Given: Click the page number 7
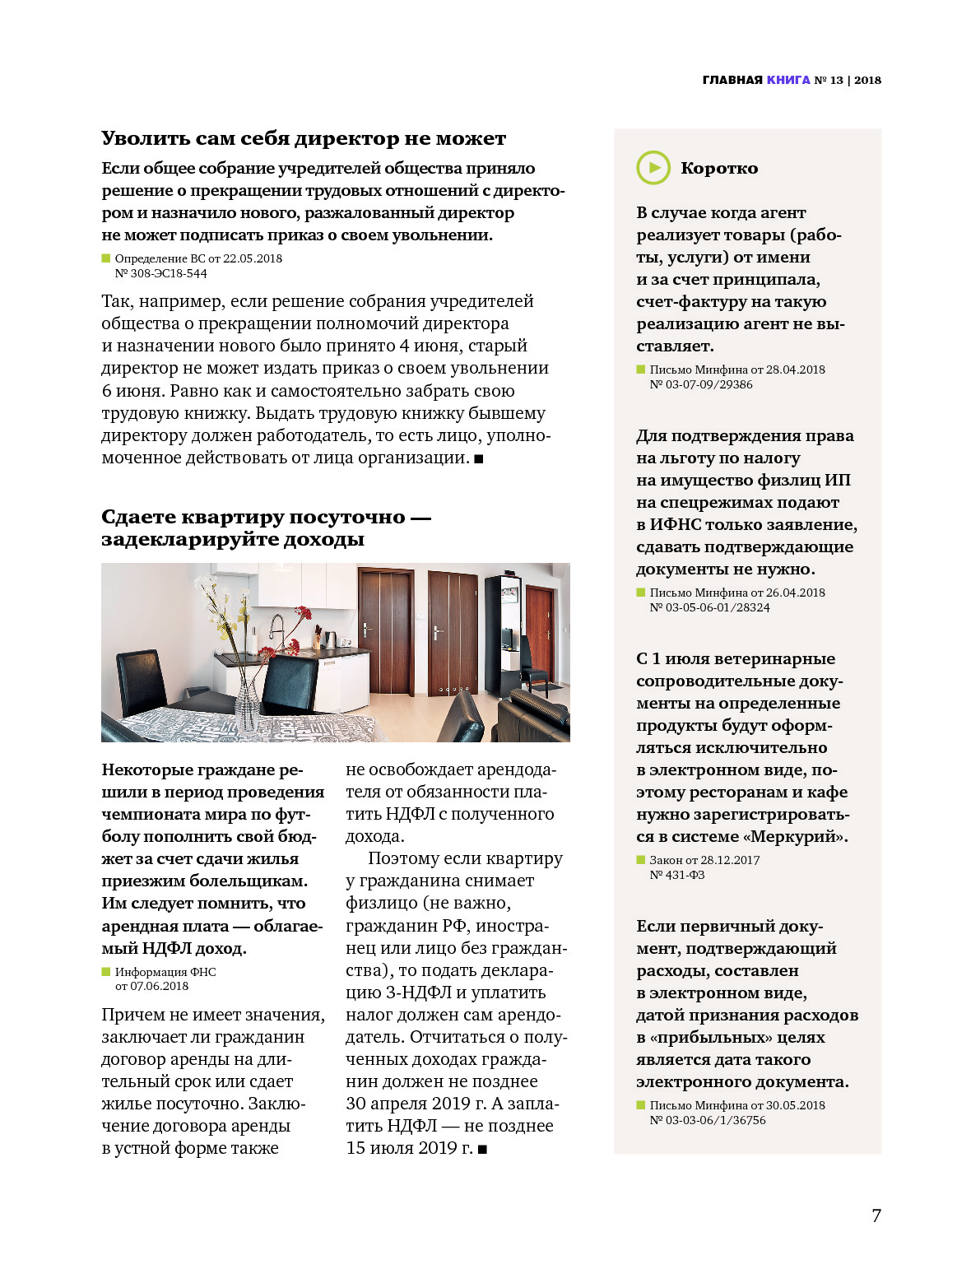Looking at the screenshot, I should [876, 1216].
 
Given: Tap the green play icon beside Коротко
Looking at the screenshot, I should [653, 168].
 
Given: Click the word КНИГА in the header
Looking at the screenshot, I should [788, 80].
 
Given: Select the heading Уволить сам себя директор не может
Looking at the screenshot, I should [304, 138].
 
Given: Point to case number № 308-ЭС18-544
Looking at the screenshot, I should [161, 273].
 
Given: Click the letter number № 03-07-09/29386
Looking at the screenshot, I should [701, 384].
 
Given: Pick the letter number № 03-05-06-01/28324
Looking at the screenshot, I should [710, 607].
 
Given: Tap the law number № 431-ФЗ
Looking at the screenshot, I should [677, 875].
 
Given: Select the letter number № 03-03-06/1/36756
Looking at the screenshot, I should [708, 1120].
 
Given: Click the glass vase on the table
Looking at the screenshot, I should [246, 704].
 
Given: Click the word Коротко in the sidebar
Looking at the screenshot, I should [719, 168].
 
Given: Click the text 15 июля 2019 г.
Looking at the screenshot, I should [409, 1148].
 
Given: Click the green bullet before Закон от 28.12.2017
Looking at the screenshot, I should [641, 860].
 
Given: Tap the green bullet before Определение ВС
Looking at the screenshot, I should [106, 258].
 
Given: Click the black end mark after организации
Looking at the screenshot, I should [479, 458].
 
